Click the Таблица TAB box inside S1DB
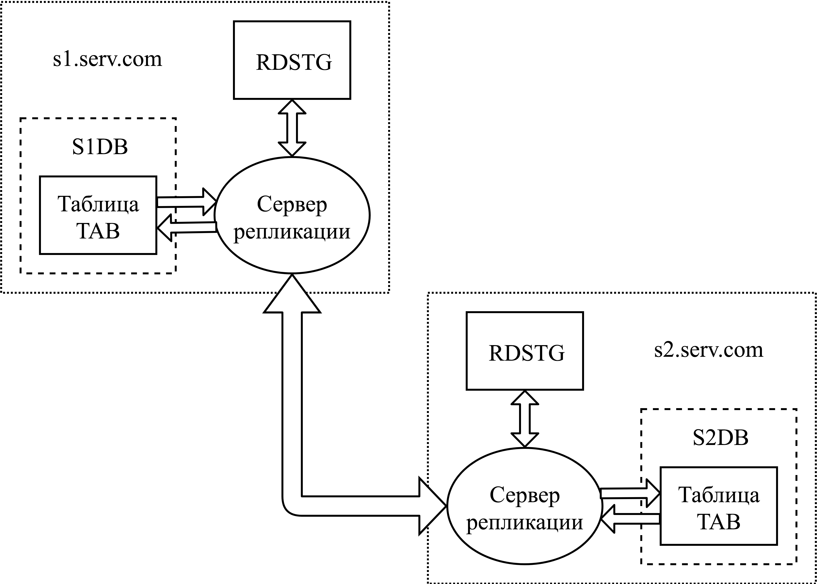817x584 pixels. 98,215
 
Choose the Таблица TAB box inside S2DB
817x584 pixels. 719,506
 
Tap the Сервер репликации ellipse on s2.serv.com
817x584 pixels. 524,506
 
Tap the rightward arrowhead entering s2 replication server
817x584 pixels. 432,506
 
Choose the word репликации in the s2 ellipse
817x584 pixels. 524,522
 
